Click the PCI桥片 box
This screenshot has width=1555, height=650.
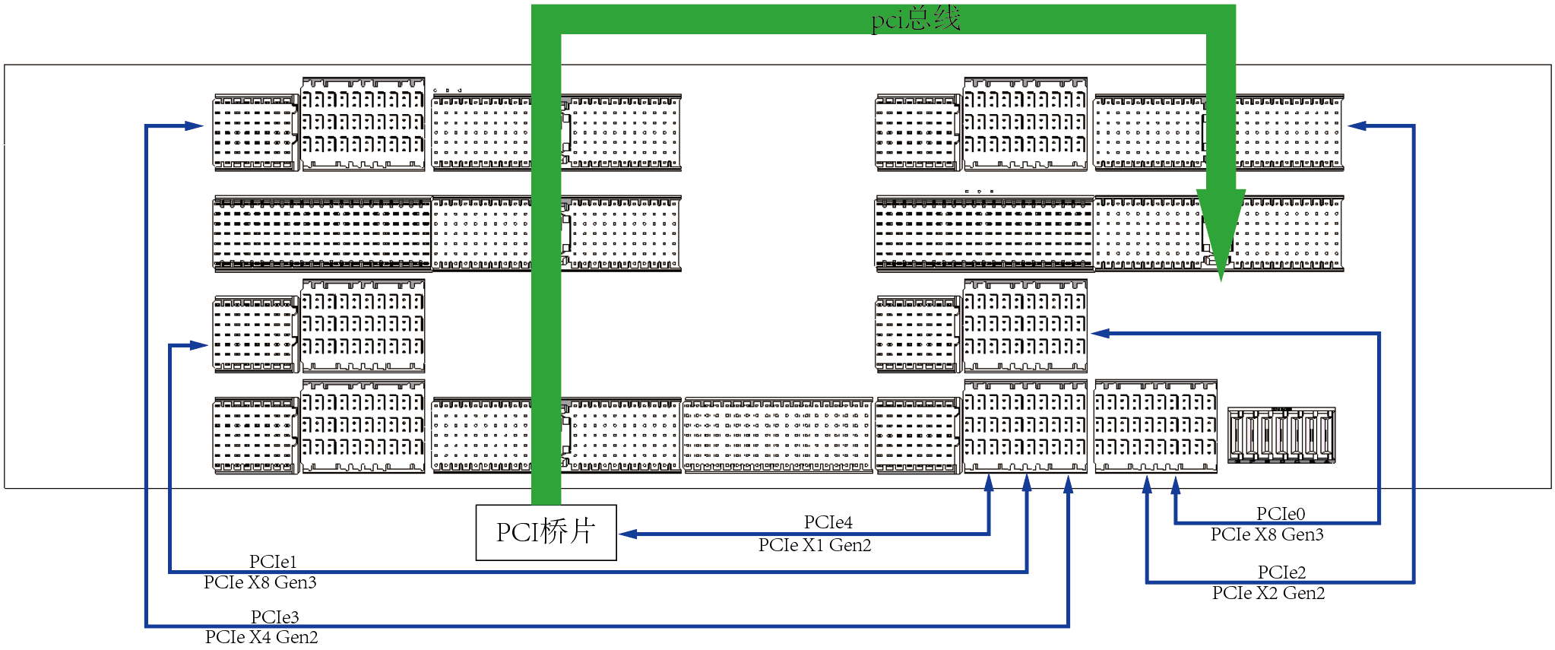546,532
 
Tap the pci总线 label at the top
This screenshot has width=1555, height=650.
915,18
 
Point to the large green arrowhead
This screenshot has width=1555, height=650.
1221,232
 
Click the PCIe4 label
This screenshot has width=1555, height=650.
828,522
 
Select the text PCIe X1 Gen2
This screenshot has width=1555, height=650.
814,545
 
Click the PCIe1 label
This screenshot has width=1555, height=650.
273,562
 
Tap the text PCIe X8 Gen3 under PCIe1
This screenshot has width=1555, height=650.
260,582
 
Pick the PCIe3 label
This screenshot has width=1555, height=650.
274,617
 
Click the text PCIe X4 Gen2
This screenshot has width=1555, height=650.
261,637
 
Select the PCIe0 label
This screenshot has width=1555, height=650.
1281,514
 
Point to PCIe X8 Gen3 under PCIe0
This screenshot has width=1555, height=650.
1267,534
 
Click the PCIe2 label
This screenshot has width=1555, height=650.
1281,572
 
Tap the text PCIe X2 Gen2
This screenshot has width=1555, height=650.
1268,593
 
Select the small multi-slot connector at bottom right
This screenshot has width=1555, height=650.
1281,435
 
